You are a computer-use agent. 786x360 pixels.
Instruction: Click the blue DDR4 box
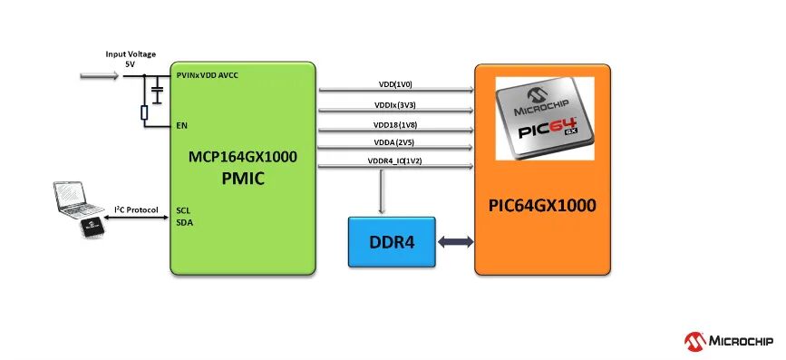tap(392, 242)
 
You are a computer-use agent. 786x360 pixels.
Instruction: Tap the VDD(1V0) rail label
tap(395, 84)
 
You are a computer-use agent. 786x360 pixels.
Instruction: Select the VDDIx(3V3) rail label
tap(396, 105)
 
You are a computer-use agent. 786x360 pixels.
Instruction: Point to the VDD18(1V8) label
tap(396, 124)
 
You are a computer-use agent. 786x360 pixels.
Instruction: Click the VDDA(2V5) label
tap(394, 142)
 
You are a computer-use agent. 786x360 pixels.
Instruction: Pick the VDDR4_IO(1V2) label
tap(396, 161)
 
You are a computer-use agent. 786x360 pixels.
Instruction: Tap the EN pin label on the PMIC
tap(182, 125)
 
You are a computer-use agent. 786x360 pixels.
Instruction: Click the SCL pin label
tap(183, 210)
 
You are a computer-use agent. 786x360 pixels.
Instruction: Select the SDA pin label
tap(184, 222)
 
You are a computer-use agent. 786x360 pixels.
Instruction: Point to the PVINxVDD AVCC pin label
tap(208, 75)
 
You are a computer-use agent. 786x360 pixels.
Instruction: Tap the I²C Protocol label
tap(136, 209)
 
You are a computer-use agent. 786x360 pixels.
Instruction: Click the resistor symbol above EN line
tap(144, 112)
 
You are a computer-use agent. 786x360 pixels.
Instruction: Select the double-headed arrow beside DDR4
tap(455, 242)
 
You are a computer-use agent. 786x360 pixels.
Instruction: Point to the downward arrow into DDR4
tap(383, 191)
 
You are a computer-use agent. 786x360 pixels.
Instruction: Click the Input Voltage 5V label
tap(131, 59)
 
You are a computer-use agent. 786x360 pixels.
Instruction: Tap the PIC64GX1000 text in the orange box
tap(542, 206)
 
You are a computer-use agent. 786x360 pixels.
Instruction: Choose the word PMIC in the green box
tap(243, 179)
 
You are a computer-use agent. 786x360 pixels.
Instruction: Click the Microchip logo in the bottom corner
tap(729, 342)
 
